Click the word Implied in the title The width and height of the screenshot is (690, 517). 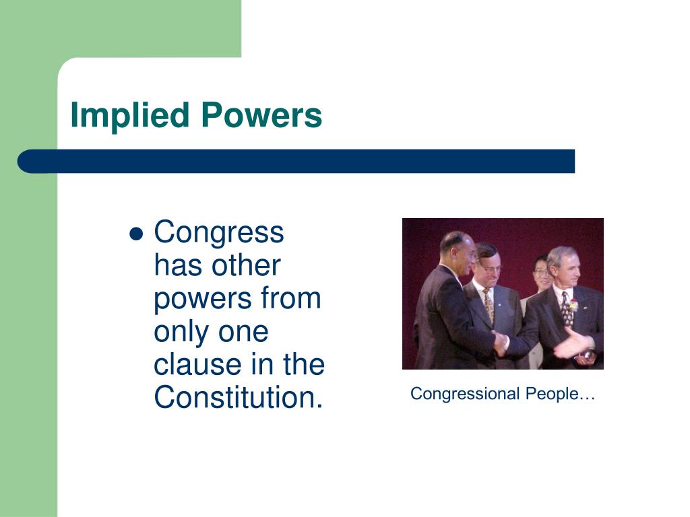(x=130, y=116)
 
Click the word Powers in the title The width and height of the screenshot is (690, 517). (x=261, y=116)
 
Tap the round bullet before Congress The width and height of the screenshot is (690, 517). (x=136, y=234)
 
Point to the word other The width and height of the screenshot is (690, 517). (x=246, y=265)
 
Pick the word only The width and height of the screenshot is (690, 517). (x=181, y=333)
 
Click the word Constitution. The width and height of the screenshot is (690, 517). (x=239, y=397)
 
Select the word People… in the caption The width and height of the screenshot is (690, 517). (x=560, y=394)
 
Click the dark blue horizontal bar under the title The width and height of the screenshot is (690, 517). (x=296, y=162)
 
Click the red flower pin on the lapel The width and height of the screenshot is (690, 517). (x=573, y=304)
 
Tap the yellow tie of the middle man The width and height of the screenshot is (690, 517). (x=489, y=305)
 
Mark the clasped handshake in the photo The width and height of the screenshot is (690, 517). (x=501, y=342)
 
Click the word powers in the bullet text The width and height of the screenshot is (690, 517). (x=202, y=299)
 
